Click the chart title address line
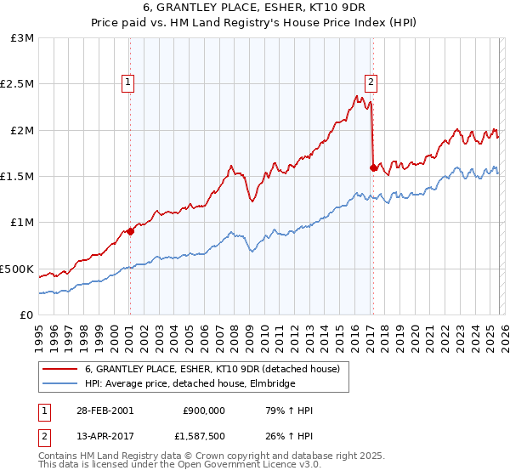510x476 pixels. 254,10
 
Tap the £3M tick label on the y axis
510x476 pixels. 22,38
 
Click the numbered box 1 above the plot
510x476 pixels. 127,82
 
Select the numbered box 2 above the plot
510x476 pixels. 371,82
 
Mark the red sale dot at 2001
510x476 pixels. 130,231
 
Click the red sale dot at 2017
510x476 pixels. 373,167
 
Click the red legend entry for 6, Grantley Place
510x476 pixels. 212,369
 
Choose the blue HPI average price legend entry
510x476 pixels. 190,384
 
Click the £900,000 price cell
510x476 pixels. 204,411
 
